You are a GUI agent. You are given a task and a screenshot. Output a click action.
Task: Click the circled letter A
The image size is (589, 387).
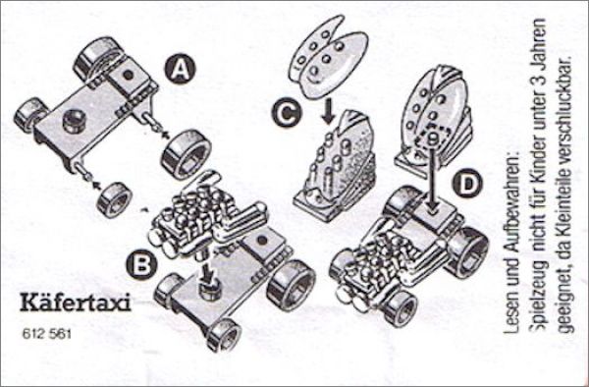180,70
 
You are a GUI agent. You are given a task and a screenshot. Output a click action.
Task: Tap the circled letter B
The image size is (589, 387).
141,264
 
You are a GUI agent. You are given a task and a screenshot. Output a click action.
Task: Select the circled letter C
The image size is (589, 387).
287,113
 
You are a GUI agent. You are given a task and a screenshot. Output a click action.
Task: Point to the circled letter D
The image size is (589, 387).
467,184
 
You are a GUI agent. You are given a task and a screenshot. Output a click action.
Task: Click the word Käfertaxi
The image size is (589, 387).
76,303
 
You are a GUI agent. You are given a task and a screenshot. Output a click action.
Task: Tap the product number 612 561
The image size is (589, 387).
46,334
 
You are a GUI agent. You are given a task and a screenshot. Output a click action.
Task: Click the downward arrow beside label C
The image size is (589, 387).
328,110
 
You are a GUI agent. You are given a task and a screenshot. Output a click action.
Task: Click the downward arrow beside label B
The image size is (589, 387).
206,269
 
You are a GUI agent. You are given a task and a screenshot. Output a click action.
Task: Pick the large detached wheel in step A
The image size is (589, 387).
186,154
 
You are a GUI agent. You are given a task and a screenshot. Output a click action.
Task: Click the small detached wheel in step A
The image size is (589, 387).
114,199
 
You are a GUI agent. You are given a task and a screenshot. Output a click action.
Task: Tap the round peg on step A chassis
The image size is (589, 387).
74,121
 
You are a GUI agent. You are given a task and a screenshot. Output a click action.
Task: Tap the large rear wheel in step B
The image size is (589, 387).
292,285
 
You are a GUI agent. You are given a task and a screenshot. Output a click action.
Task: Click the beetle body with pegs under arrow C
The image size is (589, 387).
336,166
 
